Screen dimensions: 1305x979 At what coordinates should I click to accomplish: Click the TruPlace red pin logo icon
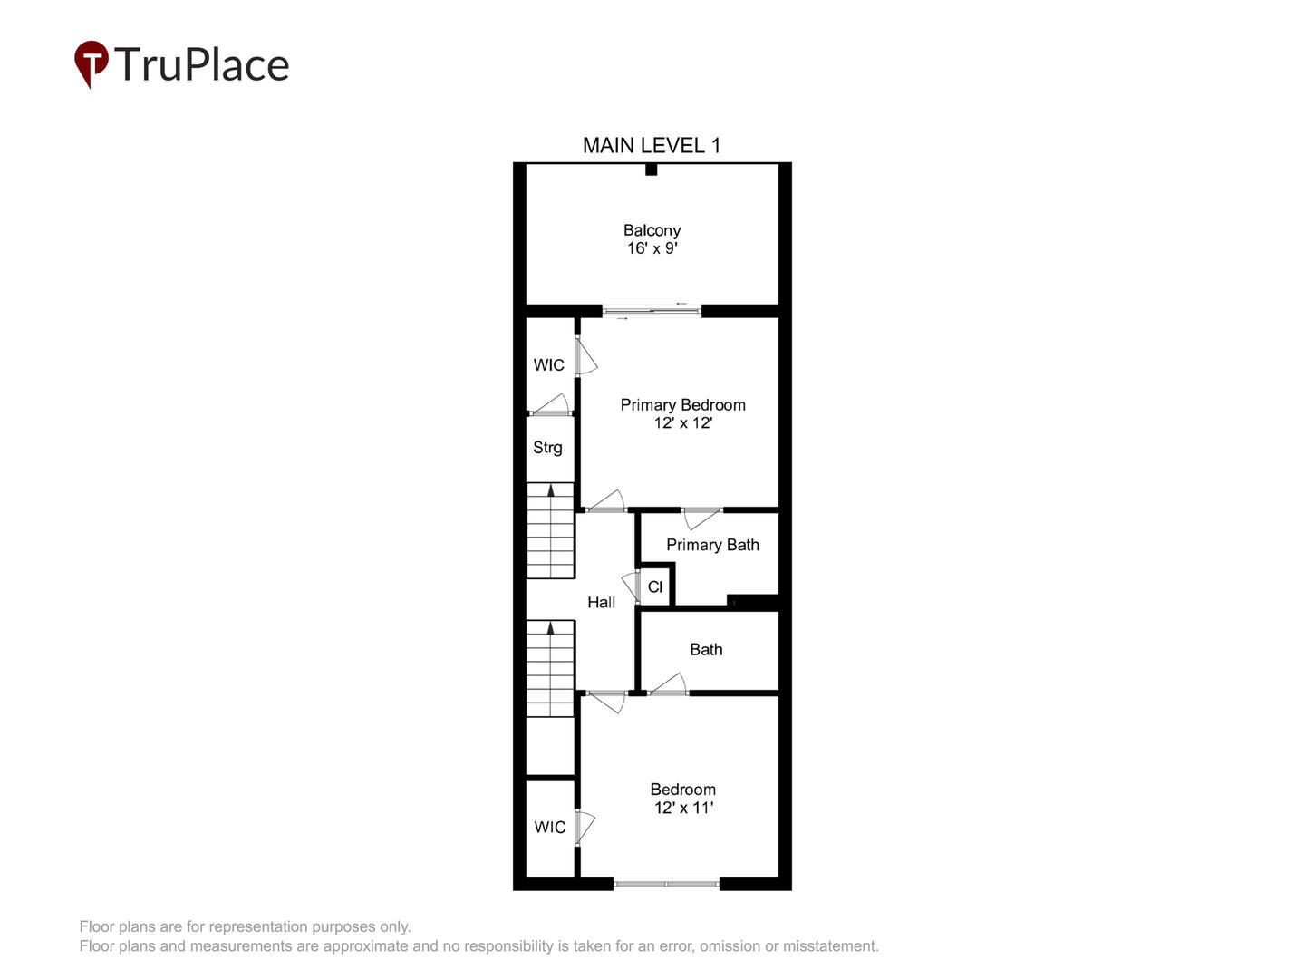coord(91,63)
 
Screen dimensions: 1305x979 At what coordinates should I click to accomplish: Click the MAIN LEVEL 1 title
coord(651,146)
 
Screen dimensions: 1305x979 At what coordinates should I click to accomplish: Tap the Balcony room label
coord(652,230)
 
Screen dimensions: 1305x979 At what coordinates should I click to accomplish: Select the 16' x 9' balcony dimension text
coord(652,247)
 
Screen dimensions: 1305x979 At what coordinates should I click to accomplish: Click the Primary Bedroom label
coord(682,405)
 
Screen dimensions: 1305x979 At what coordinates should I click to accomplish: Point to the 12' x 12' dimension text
coord(683,422)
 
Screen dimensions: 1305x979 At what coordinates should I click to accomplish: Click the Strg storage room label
coord(547,448)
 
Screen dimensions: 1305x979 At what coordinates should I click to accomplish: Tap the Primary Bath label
coord(712,545)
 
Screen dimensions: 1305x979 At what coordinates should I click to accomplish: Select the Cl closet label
coord(654,586)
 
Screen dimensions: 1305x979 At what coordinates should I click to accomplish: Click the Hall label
coord(601,602)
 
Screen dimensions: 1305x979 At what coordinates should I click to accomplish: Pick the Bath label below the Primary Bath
coord(706,649)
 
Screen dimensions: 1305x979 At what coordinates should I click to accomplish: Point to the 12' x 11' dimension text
coord(683,807)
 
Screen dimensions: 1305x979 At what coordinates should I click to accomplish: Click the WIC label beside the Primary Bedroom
coord(549,365)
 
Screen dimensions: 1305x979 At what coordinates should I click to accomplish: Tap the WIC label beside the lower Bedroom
coord(550,827)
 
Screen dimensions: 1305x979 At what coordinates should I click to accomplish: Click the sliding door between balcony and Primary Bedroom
coord(652,311)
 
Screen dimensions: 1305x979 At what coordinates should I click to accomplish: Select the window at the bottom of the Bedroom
coord(666,884)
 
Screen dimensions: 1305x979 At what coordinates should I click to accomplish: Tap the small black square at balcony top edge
coord(651,170)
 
